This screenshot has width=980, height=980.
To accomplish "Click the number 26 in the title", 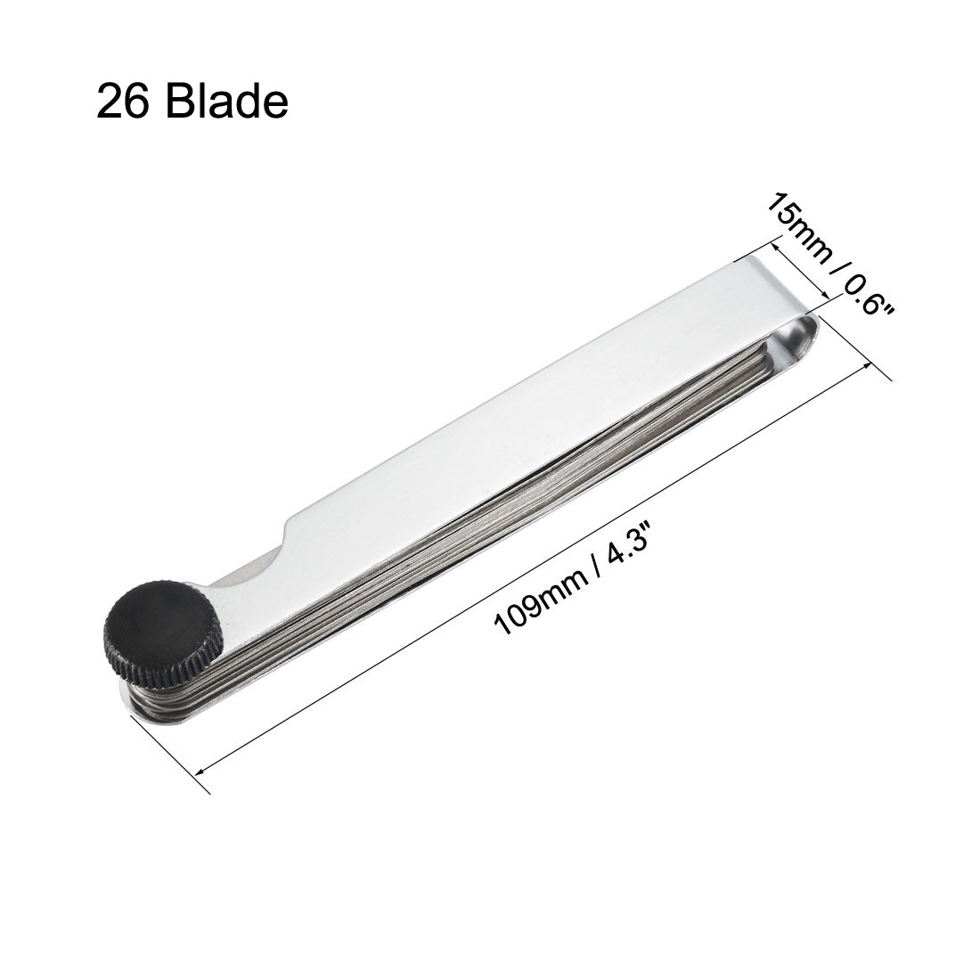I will pos(124,103).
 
